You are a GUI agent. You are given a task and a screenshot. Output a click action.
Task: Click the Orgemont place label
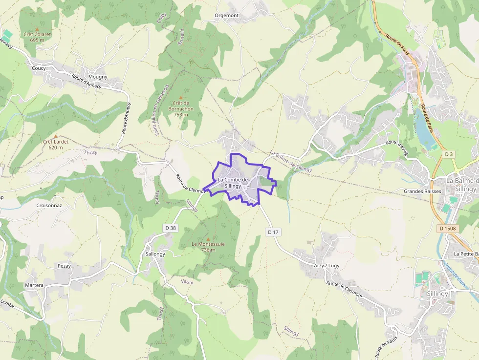pos(227,16)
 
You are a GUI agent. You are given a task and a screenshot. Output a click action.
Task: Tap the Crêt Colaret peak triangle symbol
pos(37,29)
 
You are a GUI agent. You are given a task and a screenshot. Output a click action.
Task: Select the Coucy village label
pos(39,68)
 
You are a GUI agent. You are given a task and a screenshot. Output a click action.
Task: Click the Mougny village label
pos(98,77)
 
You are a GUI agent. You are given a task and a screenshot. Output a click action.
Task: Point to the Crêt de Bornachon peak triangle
pos(181,98)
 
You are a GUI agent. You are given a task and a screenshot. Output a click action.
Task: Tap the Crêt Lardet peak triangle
pos(55,136)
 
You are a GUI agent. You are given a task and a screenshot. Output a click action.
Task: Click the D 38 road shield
pos(170,228)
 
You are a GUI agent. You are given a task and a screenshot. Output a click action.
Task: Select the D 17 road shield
pos(273,232)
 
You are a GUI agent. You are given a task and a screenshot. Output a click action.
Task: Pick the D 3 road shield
pos(449,154)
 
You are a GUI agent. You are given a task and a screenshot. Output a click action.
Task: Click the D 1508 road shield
pos(447,228)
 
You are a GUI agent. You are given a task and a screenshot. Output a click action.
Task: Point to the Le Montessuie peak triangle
pos(208,238)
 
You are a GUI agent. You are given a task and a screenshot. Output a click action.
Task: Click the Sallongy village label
pos(155,254)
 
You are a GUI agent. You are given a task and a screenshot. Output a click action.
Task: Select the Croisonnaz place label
pos(49,206)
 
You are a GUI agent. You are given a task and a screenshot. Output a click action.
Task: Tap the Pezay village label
pos(64,266)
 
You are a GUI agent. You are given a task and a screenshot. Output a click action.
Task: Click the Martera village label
pos(34,285)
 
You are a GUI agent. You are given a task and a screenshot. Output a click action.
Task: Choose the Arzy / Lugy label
pos(327,266)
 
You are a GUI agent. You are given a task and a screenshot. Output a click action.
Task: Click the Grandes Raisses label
pos(422,191)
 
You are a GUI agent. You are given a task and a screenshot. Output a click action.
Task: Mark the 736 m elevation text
pos(208,250)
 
